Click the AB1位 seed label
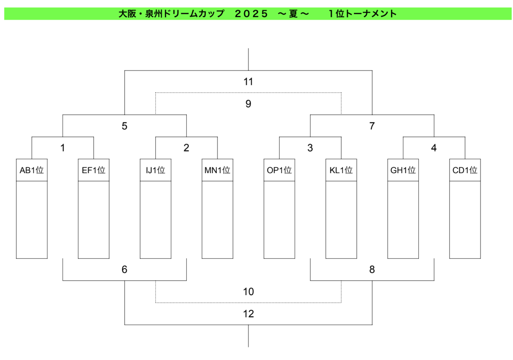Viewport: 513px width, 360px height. point(32,170)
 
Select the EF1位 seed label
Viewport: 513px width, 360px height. point(93,170)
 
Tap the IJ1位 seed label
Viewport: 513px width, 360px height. point(156,170)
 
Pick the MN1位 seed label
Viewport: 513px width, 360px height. point(217,170)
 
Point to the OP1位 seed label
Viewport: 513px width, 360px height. point(279,170)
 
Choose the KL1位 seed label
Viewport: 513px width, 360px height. point(341,170)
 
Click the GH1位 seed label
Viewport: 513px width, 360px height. point(403,170)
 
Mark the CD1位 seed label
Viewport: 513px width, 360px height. point(465,170)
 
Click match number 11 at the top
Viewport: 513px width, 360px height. point(248,82)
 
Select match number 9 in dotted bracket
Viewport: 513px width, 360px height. point(248,104)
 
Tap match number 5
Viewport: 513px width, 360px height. point(124,126)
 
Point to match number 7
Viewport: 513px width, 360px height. point(372,126)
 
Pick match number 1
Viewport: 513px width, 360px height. point(63,148)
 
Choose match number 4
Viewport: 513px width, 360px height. point(434,148)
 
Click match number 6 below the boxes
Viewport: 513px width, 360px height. point(124,269)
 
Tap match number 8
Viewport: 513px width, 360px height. point(372,269)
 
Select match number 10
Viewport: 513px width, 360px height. point(248,292)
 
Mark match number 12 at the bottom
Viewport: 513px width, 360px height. point(248,314)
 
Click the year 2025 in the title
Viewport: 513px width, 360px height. point(251,14)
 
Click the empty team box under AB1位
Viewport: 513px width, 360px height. point(32,220)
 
